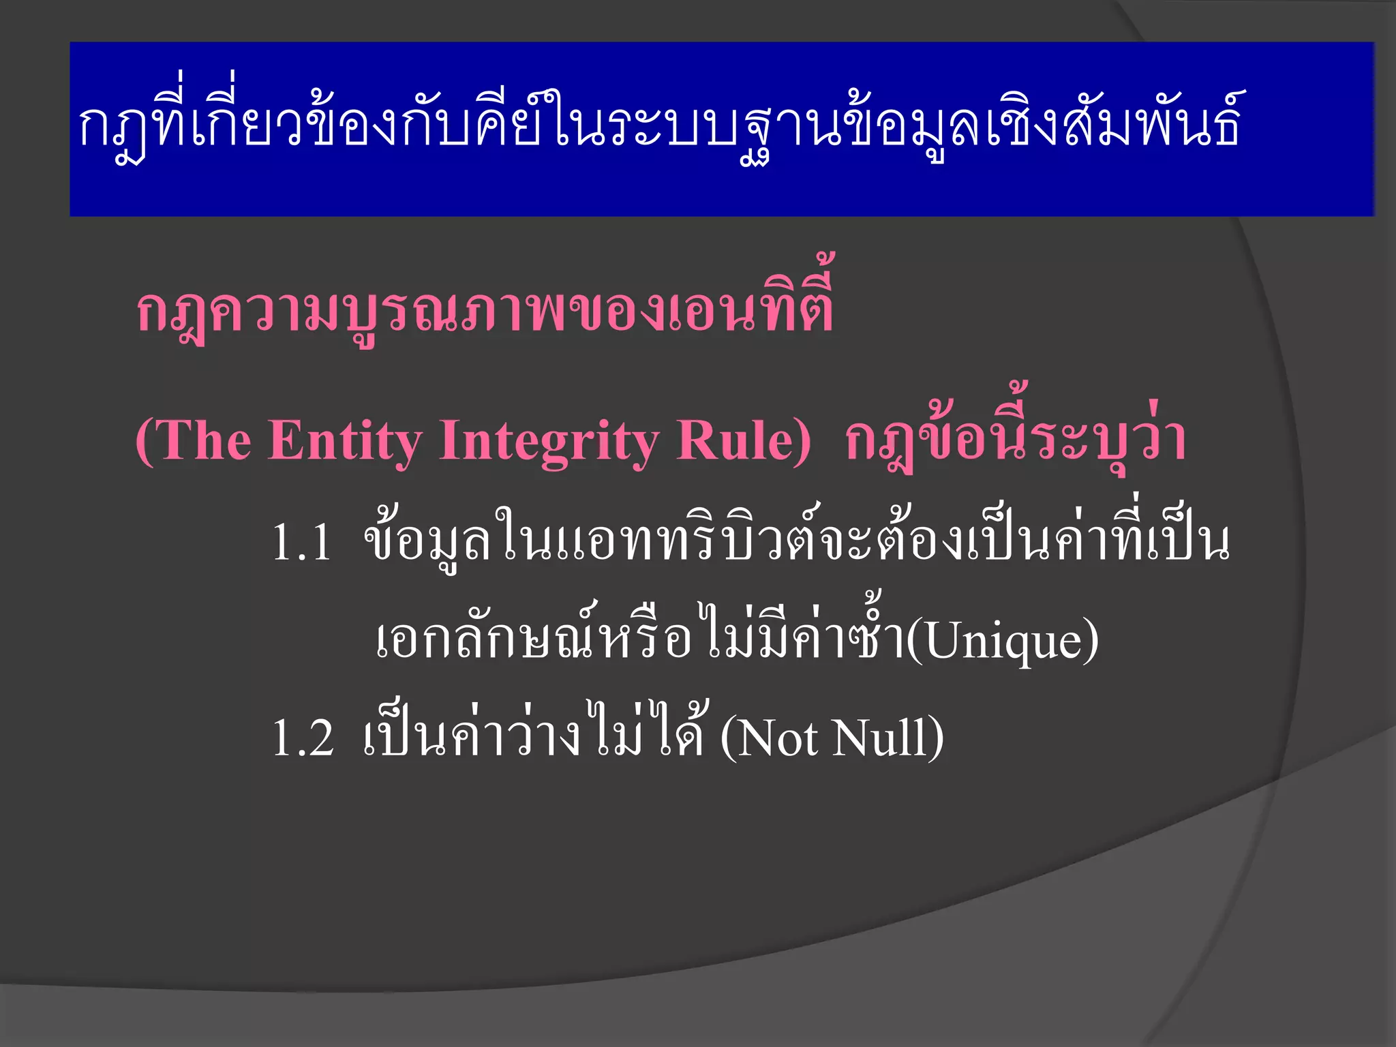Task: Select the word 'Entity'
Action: [x=344, y=442]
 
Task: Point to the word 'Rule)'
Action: [x=744, y=440]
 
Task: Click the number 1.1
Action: [x=302, y=543]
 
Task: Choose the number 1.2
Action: [x=303, y=738]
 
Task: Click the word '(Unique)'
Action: [x=1002, y=641]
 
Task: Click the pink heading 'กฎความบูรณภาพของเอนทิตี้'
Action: [x=485, y=310]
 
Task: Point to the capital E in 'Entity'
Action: [x=284, y=440]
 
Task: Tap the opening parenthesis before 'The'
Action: [x=145, y=442]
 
